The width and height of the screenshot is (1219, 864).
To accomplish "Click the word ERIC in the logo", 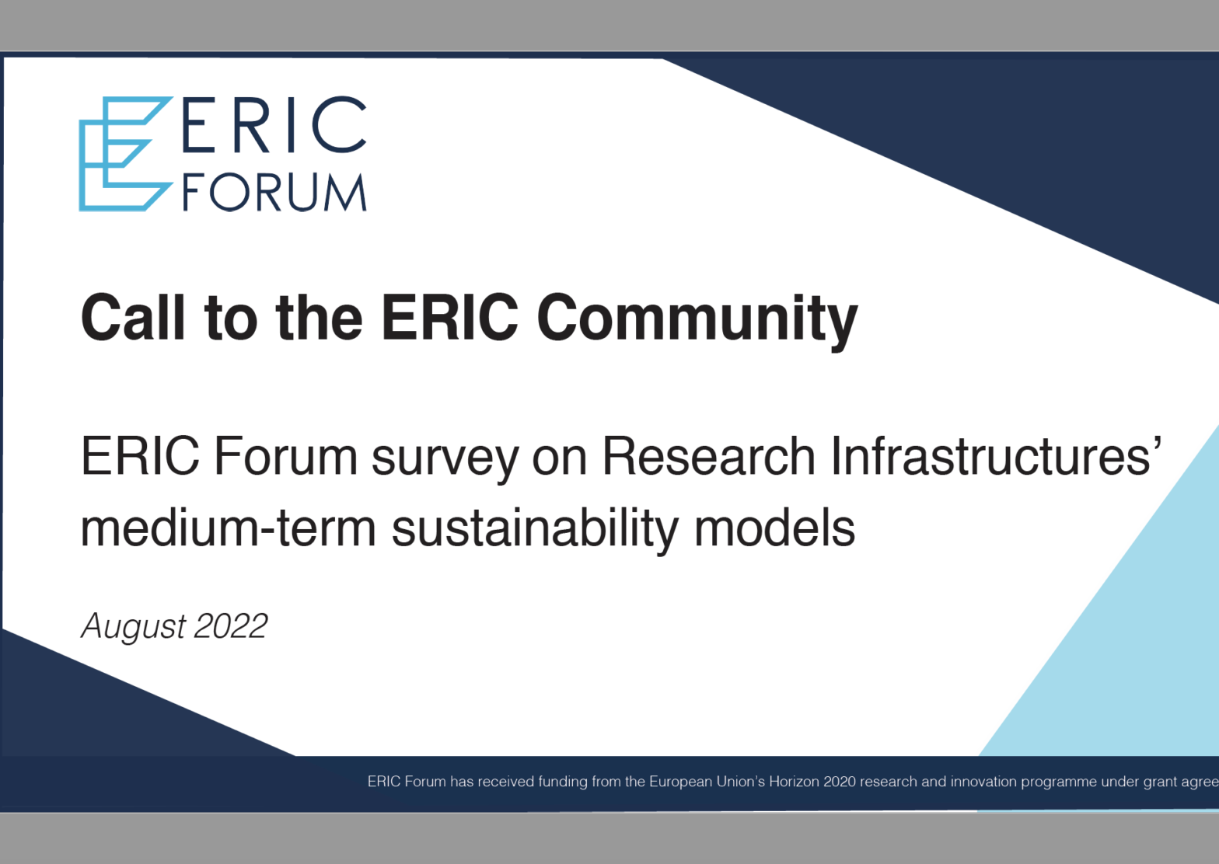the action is pos(274,124).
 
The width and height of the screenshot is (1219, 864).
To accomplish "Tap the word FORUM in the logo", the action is pos(274,192).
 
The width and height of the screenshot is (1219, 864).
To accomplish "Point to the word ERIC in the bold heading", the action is pos(450,318).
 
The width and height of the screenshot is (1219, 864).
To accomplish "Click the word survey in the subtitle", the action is pos(445,460).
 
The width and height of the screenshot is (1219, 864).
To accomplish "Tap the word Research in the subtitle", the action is pos(708,455).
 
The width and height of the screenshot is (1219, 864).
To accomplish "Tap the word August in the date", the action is pos(134,628).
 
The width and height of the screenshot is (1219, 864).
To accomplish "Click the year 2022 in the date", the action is pos(231,625).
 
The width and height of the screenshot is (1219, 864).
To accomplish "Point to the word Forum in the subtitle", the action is pos(286,455).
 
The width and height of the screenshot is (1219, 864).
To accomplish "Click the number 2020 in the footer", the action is pos(840,782).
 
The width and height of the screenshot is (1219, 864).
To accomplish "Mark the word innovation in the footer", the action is pos(984,782).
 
